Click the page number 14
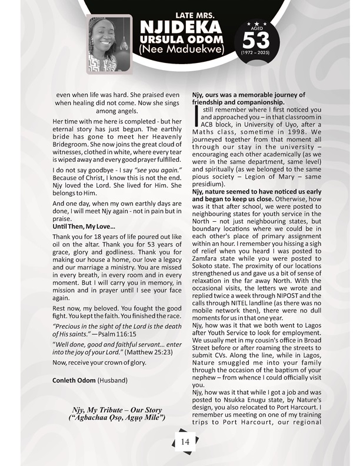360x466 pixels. pos(185,441)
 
